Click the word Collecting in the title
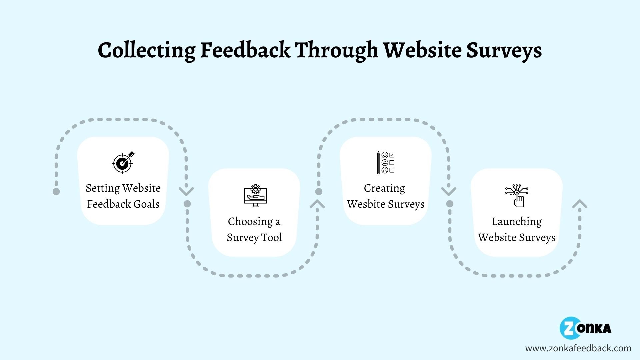(146, 51)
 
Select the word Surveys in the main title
(504, 51)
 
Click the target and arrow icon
(123, 162)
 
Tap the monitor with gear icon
(255, 196)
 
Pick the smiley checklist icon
(386, 162)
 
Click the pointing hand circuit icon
(517, 196)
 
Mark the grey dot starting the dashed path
(56, 191)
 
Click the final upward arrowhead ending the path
(580, 204)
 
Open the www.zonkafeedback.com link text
(578, 348)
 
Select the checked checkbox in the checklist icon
(392, 155)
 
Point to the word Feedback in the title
(245, 51)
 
